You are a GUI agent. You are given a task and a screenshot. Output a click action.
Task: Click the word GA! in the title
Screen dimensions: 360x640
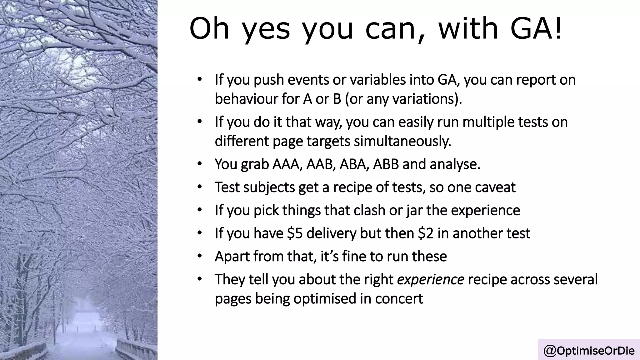(x=536, y=29)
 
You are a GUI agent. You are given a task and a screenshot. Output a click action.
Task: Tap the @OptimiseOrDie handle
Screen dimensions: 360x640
(x=589, y=351)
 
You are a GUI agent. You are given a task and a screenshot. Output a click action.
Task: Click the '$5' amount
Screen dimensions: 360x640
(x=295, y=233)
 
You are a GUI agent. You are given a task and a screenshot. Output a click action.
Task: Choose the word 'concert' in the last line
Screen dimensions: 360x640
(x=399, y=298)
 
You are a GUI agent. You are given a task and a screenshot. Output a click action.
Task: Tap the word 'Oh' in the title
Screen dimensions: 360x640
(x=209, y=29)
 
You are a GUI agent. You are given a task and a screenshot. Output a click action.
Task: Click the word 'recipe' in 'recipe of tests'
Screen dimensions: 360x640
(x=352, y=187)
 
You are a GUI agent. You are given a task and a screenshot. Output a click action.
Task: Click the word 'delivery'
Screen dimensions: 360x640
(x=331, y=233)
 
